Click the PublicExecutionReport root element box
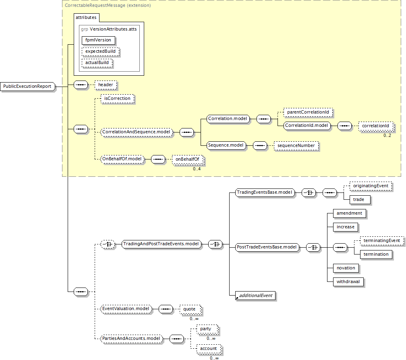[x=28, y=87]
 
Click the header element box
[x=106, y=85]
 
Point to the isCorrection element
[x=117, y=98]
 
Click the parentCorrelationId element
[x=309, y=112]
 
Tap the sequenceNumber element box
[x=296, y=146]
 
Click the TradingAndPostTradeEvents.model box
[x=161, y=244]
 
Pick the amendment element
[x=349, y=213]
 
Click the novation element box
[x=346, y=268]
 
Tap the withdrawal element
[x=348, y=282]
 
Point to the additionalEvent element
[x=255, y=296]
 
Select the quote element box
[x=189, y=309]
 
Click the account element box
[x=208, y=349]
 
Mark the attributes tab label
[x=86, y=18]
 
